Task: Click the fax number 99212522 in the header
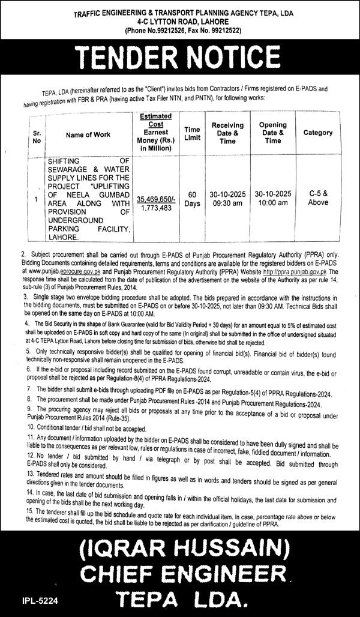tap(219, 30)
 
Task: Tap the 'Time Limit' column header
tap(192, 133)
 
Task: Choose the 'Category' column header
tap(317, 132)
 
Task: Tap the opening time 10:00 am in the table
tap(273, 203)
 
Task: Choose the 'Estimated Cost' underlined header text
tap(155, 120)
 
